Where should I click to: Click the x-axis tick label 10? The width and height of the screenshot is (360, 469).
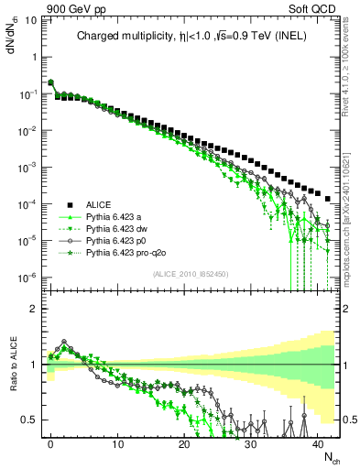point(117,442)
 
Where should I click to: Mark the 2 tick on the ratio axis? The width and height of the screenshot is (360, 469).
point(33,309)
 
